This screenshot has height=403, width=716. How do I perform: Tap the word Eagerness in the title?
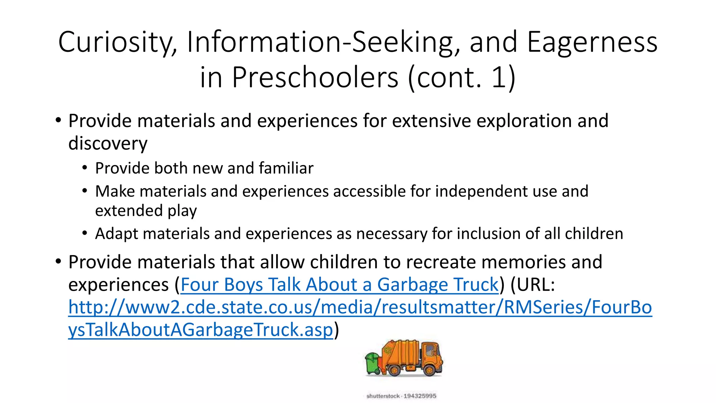coord(592,42)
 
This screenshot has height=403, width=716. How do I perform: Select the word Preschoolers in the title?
coord(315,77)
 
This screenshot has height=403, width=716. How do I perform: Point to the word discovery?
coord(108,144)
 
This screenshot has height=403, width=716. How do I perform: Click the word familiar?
coord(286,168)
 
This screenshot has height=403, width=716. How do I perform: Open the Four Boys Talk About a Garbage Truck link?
coord(339,284)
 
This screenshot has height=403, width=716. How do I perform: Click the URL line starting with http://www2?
coord(360,307)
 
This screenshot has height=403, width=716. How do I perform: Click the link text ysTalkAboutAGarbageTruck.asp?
coord(200,330)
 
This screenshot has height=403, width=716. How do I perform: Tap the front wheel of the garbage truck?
coord(430,370)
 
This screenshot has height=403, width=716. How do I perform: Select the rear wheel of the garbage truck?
coord(395,370)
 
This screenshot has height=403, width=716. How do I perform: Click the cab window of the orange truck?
coord(430,350)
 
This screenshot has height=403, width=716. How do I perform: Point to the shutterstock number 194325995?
coord(420,396)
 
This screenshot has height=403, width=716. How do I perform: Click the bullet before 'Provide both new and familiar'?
coord(85,168)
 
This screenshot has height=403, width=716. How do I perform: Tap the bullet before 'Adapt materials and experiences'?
coord(85,233)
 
